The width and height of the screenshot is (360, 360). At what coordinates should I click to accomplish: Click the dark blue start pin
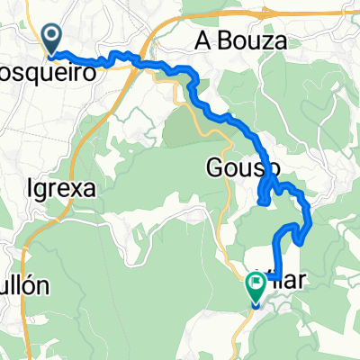52,39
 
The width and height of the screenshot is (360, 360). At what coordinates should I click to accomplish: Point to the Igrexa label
61,189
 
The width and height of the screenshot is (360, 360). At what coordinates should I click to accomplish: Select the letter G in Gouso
214,168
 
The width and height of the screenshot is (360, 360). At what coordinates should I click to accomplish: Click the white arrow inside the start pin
52,37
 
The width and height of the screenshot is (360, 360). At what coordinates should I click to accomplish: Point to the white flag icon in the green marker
256,286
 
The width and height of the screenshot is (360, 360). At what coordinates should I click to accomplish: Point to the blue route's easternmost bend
309,216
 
